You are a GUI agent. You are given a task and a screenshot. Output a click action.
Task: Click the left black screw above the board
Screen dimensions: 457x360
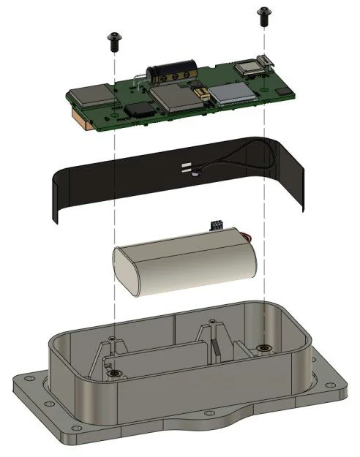click(113, 38)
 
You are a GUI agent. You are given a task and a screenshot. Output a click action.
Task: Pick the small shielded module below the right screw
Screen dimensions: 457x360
click(249, 68)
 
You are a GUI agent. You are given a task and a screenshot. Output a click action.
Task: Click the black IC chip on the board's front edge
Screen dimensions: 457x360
click(139, 110)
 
